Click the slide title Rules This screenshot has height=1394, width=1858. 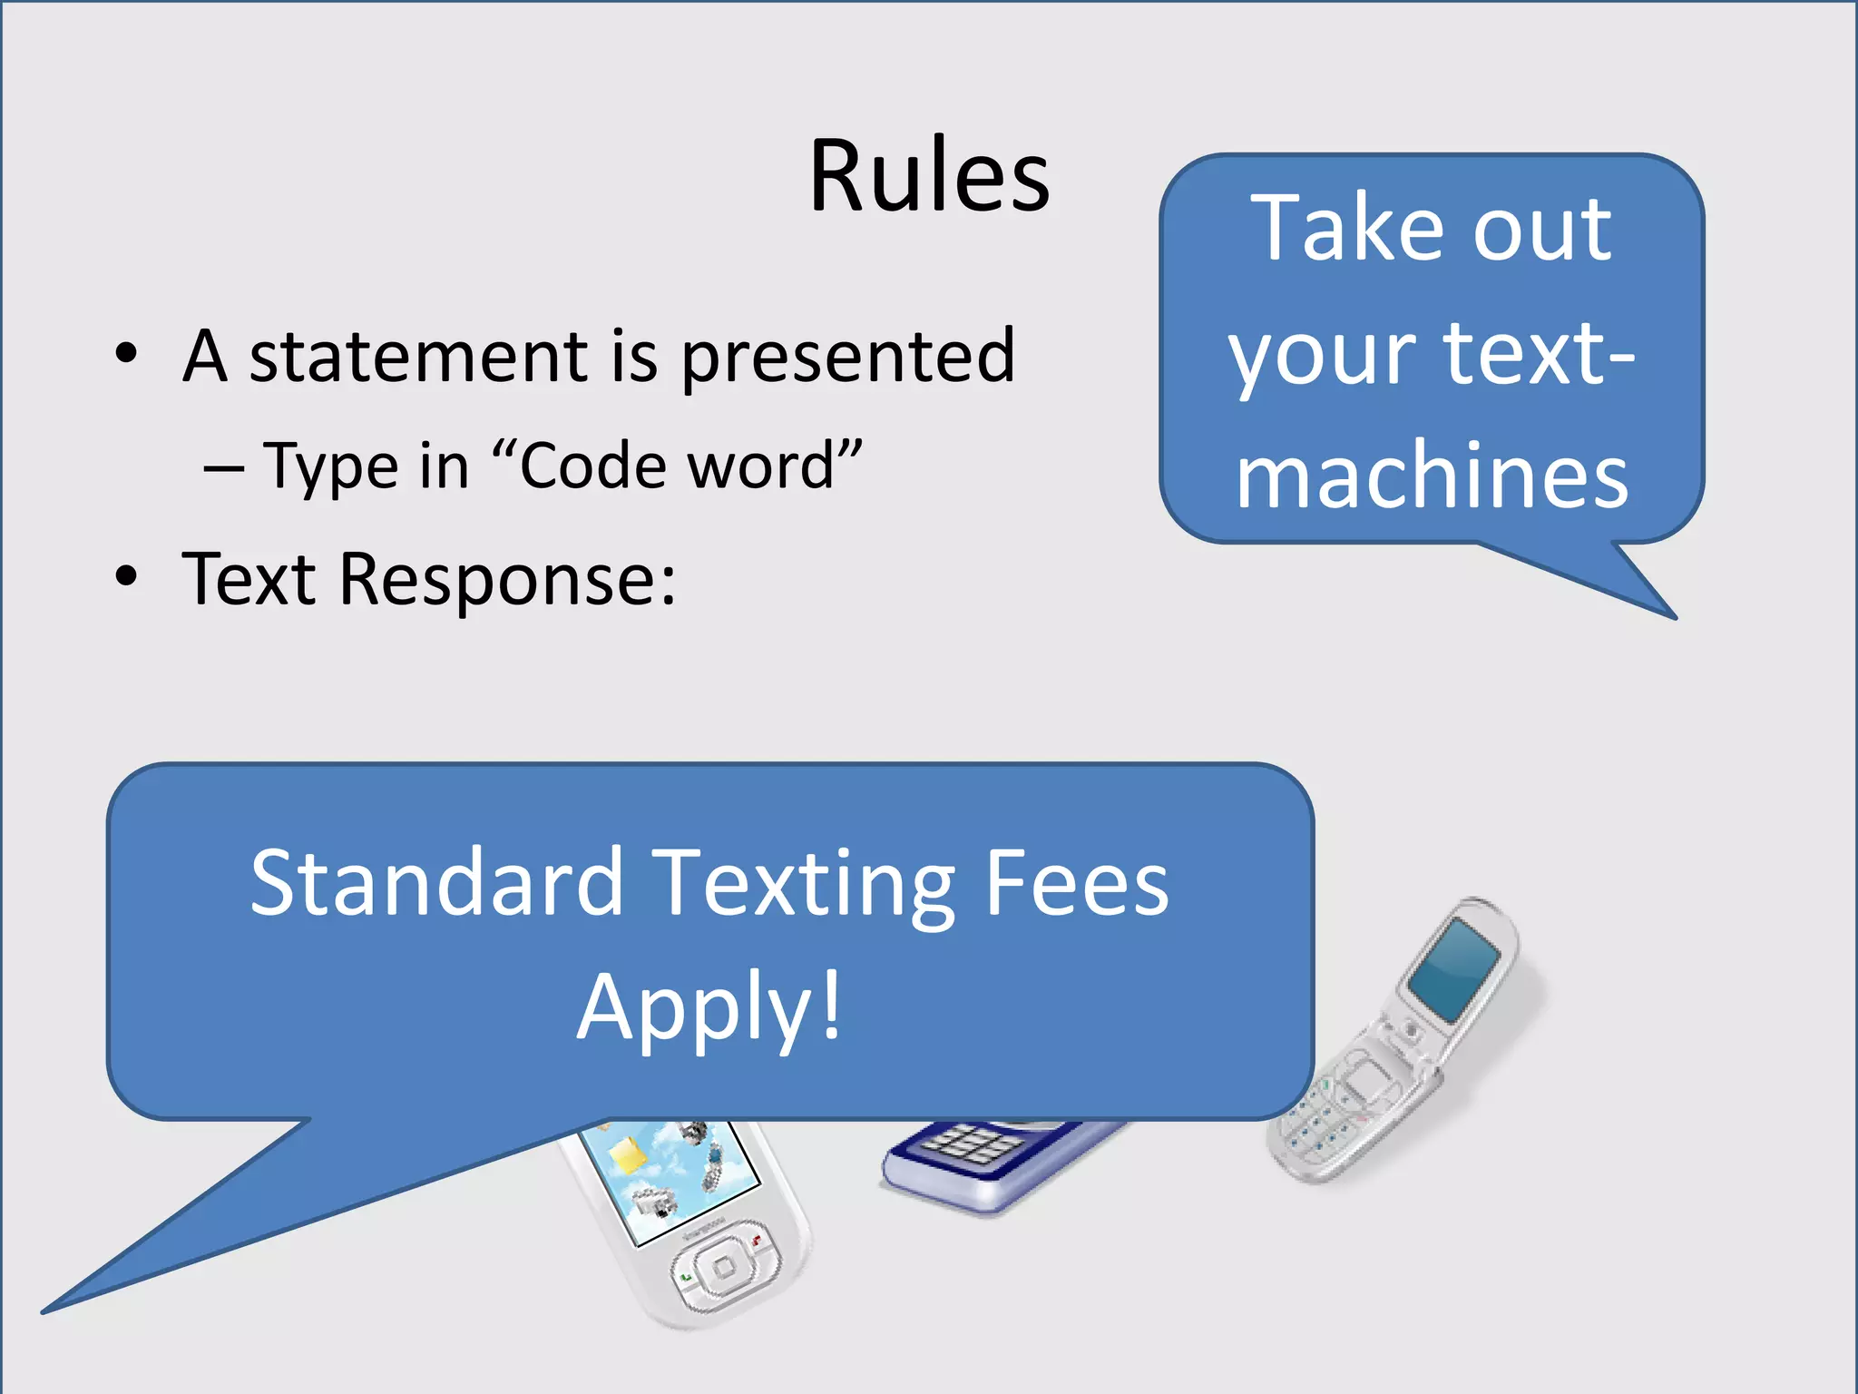pos(929,176)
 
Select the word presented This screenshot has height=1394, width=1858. pos(847,358)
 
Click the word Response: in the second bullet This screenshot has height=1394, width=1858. pos(507,579)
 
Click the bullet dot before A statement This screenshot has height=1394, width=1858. pos(127,354)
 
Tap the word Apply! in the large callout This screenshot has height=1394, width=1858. pos(709,1007)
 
